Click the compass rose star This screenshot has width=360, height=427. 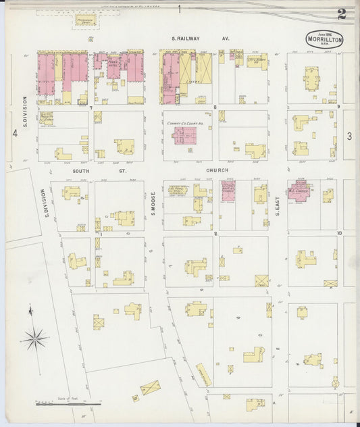coord(36,338)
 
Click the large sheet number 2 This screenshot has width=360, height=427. coord(342,14)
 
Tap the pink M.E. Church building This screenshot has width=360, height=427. coord(301,191)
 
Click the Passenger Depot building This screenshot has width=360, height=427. coord(85,20)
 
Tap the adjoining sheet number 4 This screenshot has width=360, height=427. coord(14,134)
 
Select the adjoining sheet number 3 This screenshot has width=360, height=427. coord(349,136)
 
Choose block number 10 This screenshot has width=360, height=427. coord(340,233)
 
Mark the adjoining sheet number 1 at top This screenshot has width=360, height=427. coord(180,9)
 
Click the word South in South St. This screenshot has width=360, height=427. coord(81,172)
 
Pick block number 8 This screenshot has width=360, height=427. coord(215,107)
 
